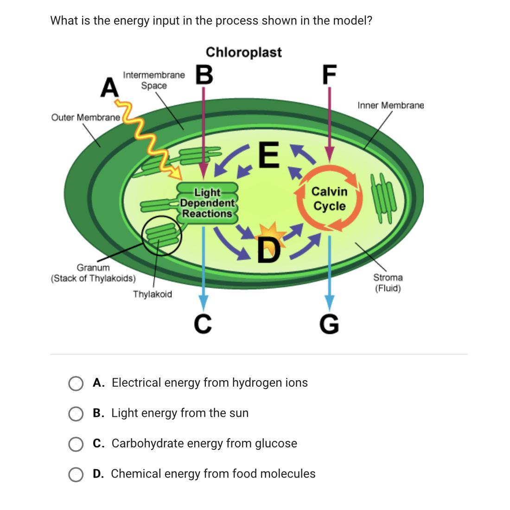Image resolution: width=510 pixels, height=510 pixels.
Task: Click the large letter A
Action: click(109, 87)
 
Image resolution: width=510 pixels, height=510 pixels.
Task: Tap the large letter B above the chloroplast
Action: click(204, 75)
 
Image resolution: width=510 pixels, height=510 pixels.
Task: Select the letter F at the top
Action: click(329, 75)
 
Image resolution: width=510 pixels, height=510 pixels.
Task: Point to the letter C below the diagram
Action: click(203, 324)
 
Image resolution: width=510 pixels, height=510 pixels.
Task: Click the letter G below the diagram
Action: click(329, 324)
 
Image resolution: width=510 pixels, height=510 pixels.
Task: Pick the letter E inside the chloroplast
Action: click(269, 154)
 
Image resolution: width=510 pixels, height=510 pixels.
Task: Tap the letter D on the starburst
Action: click(269, 250)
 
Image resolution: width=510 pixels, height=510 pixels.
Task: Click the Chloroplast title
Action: click(243, 52)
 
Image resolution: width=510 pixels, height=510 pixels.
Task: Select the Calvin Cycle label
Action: click(329, 198)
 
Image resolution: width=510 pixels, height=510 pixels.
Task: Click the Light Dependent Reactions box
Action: click(207, 203)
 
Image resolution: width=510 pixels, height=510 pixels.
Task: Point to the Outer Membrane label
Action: click(85, 117)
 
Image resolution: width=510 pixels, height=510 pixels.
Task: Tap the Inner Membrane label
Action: click(390, 105)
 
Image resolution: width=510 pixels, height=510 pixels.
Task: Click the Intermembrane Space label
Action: click(154, 80)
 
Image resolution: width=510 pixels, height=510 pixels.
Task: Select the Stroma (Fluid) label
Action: click(388, 283)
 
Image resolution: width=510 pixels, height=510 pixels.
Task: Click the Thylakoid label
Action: click(153, 294)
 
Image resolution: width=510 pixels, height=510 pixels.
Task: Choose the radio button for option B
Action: click(76, 414)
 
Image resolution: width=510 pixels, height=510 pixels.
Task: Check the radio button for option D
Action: click(76, 474)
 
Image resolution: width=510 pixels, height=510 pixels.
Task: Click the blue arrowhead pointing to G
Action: click(329, 303)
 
